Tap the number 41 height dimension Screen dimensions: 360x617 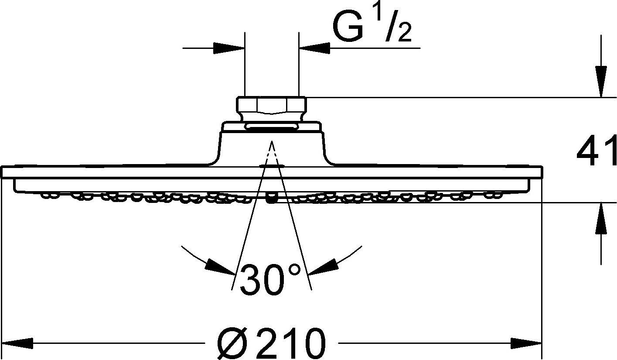click(596, 152)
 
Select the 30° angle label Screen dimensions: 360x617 click(270, 278)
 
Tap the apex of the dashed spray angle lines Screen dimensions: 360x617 click(271, 142)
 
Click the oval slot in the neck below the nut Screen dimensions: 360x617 click(271, 127)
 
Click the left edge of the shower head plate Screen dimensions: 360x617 click(3, 172)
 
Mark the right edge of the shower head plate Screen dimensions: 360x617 click(542, 172)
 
